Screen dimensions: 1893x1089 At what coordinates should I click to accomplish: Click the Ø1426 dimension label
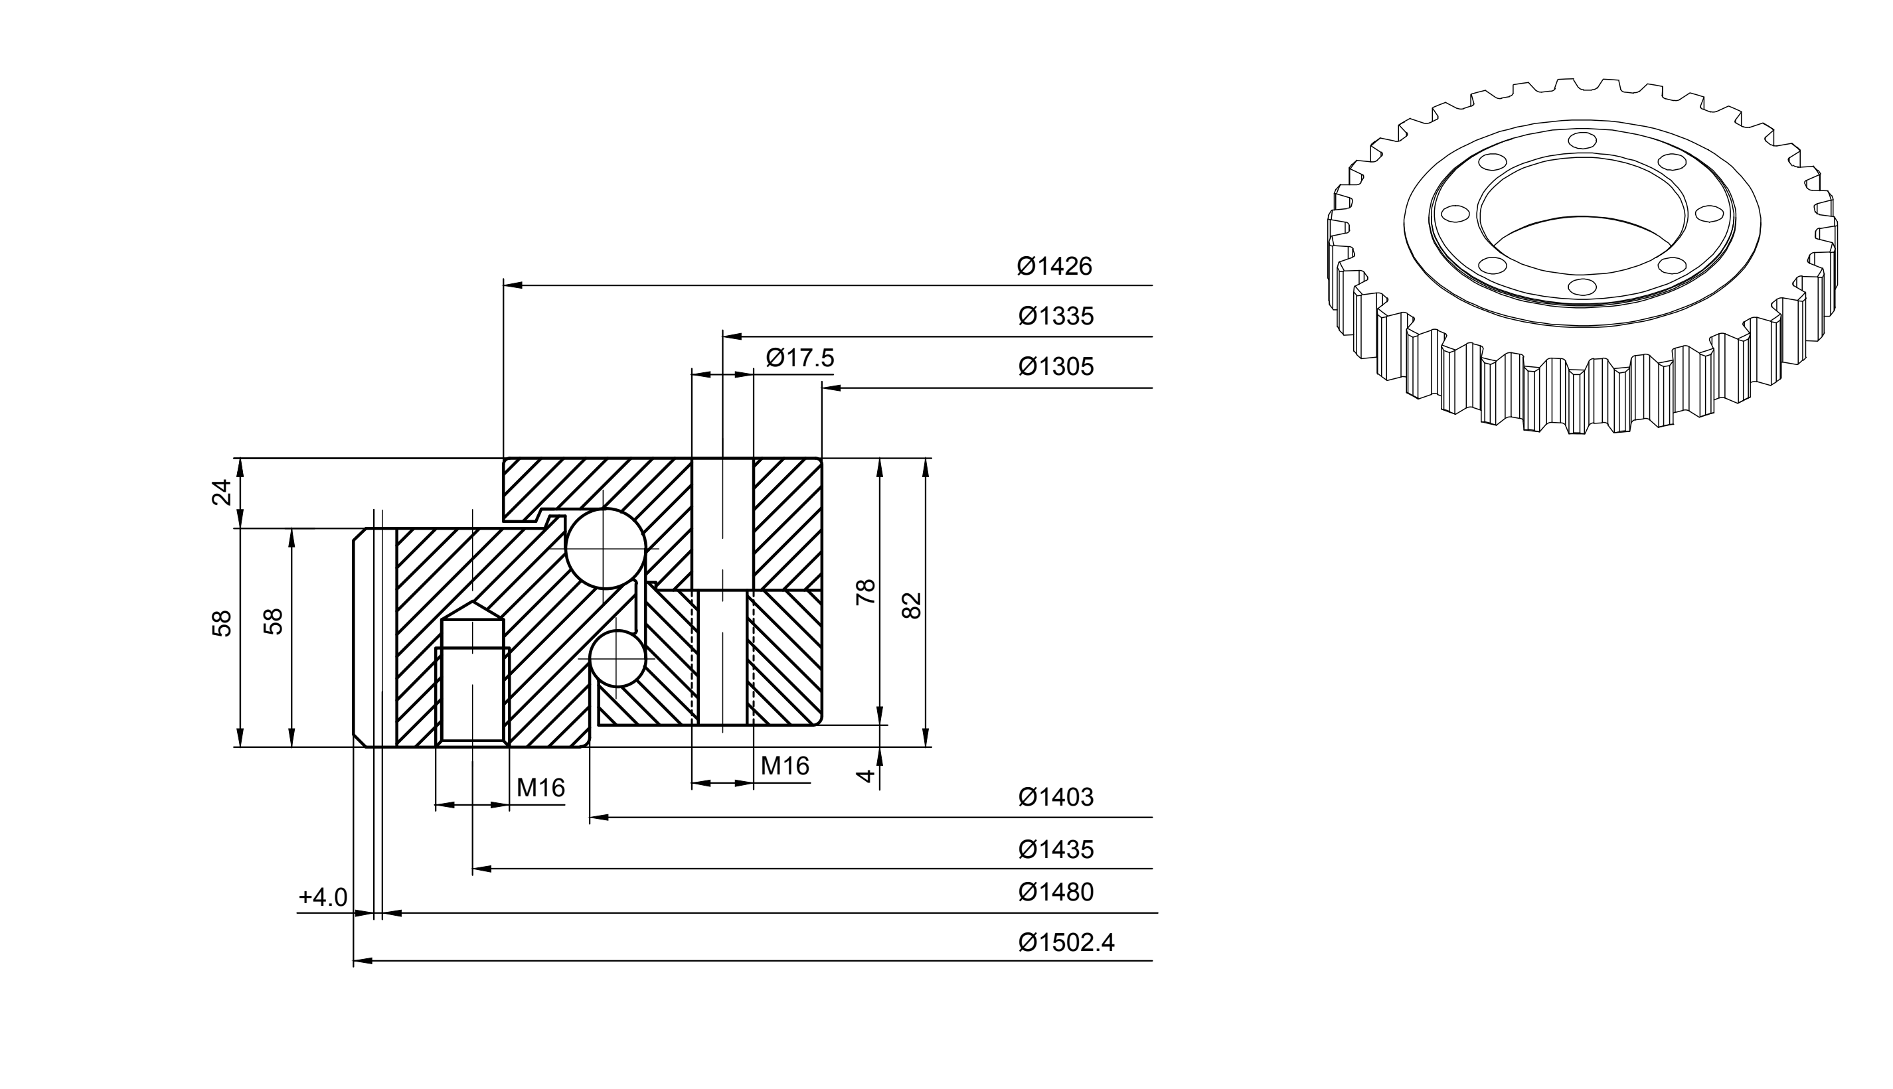pos(1054,266)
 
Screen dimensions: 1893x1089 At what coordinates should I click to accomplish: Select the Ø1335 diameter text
pos(1056,317)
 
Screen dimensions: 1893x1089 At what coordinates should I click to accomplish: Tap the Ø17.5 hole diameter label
pos(800,358)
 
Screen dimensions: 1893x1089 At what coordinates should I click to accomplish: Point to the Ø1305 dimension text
pos(1056,366)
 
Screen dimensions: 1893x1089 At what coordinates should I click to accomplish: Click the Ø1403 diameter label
pos(1056,797)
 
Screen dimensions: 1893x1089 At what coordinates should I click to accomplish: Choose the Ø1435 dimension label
pos(1056,849)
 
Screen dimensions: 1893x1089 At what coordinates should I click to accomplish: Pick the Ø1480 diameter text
pos(1056,893)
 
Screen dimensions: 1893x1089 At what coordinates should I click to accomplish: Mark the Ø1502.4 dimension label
pos(1066,942)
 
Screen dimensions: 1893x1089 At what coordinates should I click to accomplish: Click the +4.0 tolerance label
pos(323,897)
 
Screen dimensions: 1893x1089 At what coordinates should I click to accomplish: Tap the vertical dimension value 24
pos(222,492)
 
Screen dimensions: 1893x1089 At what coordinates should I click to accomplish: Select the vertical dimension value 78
pos(866,592)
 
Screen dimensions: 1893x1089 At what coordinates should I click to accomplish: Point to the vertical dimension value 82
pos(912,606)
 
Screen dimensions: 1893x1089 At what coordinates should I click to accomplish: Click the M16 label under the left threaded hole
pos(540,788)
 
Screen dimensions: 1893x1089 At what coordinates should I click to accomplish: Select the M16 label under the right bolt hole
pos(785,766)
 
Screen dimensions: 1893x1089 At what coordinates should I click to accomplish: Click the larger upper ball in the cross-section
pos(606,549)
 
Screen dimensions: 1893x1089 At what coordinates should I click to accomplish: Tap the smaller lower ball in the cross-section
pos(617,659)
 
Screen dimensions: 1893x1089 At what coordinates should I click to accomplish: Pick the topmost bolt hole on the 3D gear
pos(1582,141)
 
